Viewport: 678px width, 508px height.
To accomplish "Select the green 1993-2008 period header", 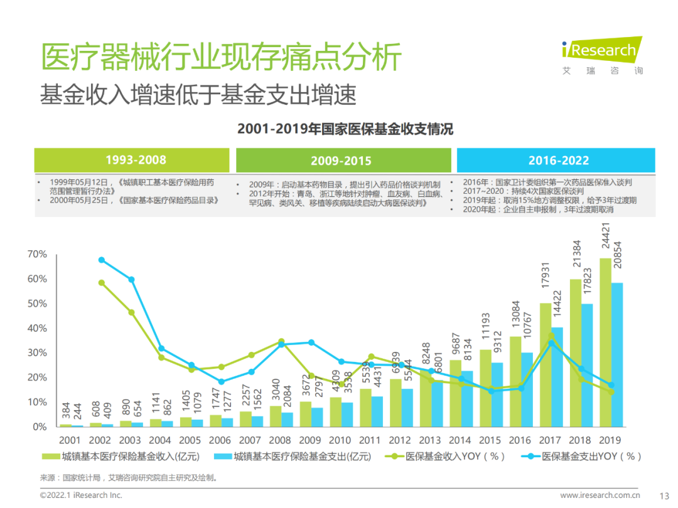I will pos(136,160).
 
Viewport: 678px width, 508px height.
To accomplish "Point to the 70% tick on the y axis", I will pos(37,254).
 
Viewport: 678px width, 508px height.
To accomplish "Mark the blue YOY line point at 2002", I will pos(102,260).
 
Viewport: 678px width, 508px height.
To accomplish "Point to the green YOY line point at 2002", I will pos(102,283).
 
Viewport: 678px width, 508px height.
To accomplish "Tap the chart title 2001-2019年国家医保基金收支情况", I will pos(345,129).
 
